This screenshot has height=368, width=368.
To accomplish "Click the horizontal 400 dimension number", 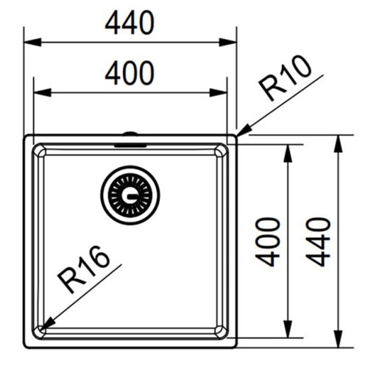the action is click(130, 73).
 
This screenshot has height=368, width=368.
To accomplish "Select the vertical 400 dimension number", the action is click(267, 242).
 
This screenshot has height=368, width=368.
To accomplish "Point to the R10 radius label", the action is click(285, 78).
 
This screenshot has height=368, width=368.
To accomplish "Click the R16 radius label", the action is click(83, 269).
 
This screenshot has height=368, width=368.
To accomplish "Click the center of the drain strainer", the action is click(130, 196).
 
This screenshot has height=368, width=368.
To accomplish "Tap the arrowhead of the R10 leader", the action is click(244, 131).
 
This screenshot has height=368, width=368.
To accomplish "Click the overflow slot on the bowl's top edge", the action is click(130, 146).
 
